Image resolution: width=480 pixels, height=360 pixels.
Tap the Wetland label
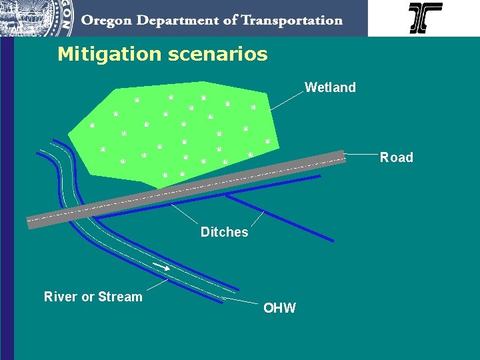coord(330,87)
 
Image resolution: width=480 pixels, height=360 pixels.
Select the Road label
coord(397,157)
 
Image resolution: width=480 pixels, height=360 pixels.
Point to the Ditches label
coord(224,232)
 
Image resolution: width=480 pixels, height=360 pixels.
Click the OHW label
coord(279,308)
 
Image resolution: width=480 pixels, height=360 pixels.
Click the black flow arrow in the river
coord(161,267)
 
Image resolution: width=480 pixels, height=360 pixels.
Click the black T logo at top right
coord(425,18)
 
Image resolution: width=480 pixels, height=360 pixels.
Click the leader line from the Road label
coord(361,155)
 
